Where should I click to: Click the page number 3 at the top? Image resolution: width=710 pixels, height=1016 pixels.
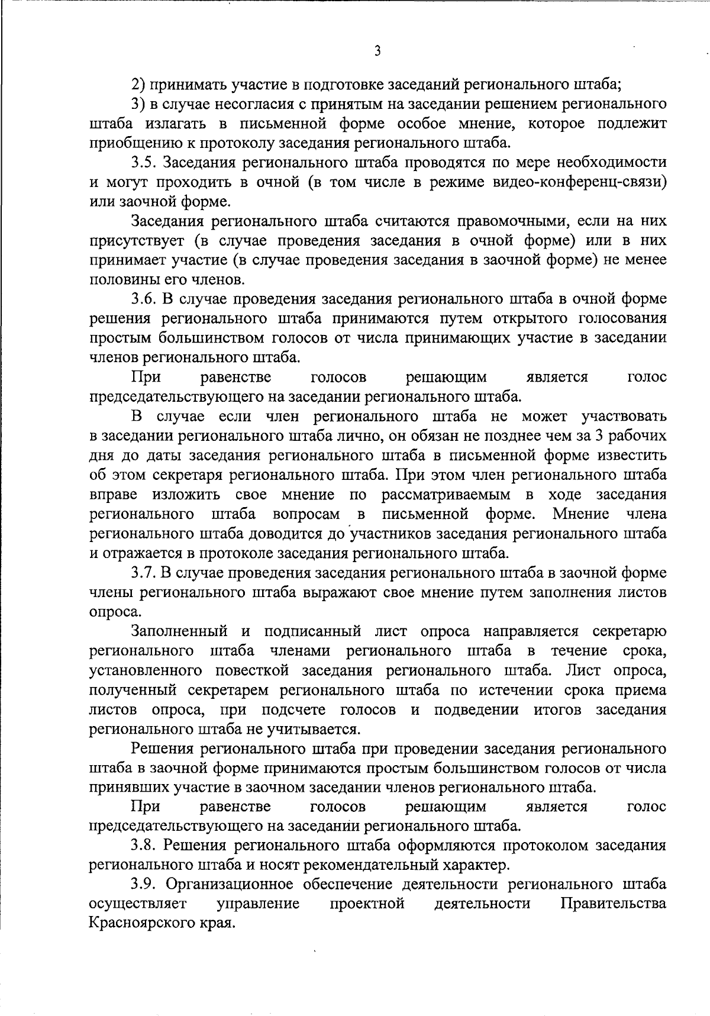[377, 51]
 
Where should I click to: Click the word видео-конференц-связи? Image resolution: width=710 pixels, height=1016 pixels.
[579, 182]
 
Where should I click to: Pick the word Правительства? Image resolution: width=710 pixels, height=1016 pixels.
[613, 904]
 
